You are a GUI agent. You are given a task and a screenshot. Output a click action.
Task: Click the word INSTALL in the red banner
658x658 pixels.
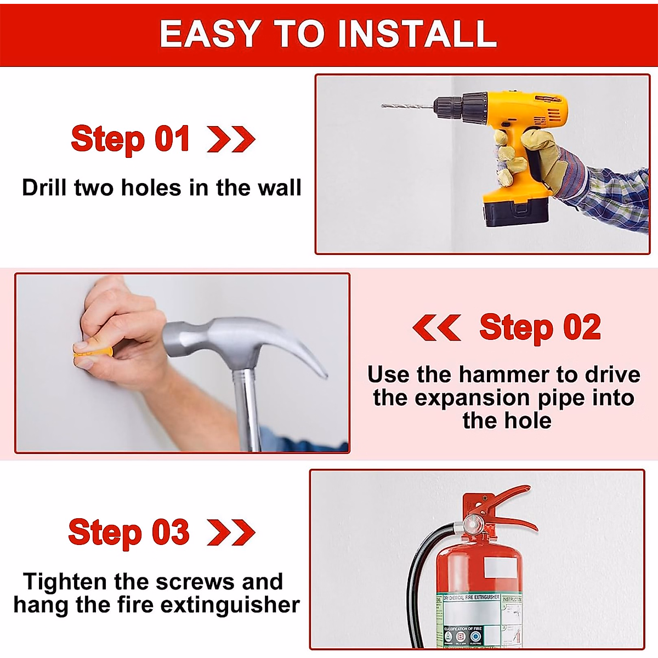[x=417, y=34]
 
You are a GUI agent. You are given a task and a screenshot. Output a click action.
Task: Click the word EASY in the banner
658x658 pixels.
[x=210, y=34]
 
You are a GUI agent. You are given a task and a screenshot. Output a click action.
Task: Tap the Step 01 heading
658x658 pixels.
[x=131, y=139]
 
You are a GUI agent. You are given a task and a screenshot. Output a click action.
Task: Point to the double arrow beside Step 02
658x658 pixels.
[x=436, y=327]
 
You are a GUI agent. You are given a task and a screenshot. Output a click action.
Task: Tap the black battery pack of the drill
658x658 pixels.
[x=515, y=211]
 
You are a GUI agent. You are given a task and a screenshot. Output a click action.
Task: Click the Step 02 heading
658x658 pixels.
[x=540, y=327]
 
